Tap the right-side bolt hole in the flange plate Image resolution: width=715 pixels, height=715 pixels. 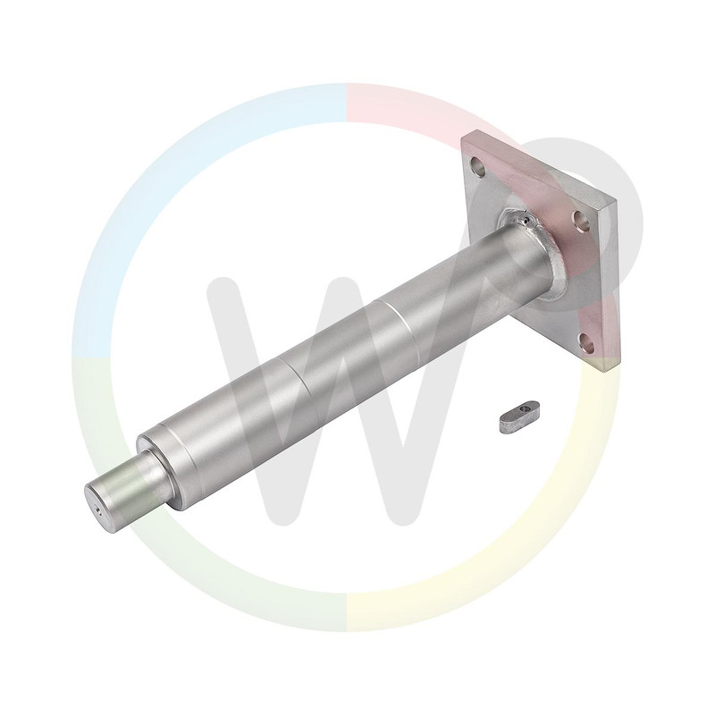pos(582,220)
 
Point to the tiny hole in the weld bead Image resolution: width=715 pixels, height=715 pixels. pos(527,222)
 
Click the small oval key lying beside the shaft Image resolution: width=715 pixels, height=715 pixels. pos(520,413)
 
